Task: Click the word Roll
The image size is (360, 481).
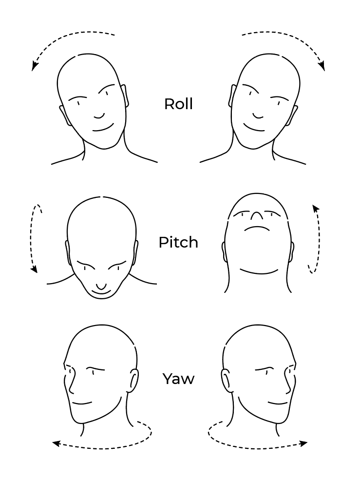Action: point(178,104)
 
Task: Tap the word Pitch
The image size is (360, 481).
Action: point(178,242)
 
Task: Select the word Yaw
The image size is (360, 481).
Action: point(178,379)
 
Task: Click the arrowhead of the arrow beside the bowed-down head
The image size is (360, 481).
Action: point(35,269)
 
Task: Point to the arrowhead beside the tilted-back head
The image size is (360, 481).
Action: point(315,208)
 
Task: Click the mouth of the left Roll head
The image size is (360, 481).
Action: point(103,128)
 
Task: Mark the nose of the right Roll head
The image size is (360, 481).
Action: point(258,116)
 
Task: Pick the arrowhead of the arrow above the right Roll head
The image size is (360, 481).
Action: point(322,67)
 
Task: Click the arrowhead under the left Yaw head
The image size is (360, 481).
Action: point(55,443)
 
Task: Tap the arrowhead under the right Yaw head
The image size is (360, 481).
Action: point(304,443)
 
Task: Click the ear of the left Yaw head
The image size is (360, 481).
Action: point(133,380)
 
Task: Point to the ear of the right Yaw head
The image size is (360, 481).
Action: point(227,380)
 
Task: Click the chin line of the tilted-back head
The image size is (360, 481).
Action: point(259,272)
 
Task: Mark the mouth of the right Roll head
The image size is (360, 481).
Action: point(254,128)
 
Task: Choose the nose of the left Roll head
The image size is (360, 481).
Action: point(99,116)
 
